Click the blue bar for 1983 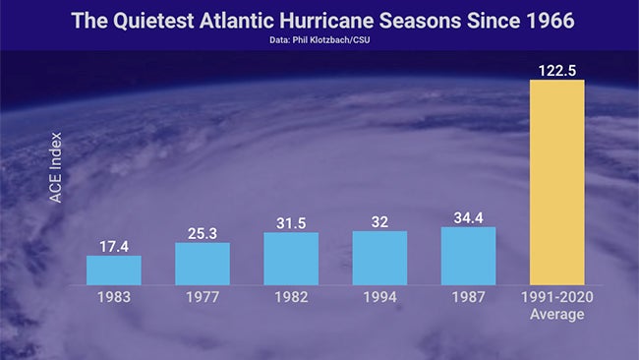[x=114, y=270]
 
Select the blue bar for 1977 [x=203, y=264]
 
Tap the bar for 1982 [x=291, y=259]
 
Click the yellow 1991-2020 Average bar [x=557, y=182]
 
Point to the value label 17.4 [x=114, y=245]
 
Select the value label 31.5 [x=291, y=222]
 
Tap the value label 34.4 [x=468, y=217]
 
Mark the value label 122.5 [x=557, y=70]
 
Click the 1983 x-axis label [x=114, y=296]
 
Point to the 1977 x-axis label [x=203, y=296]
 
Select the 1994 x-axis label [x=379, y=296]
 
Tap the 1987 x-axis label [x=468, y=296]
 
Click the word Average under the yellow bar [x=557, y=314]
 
